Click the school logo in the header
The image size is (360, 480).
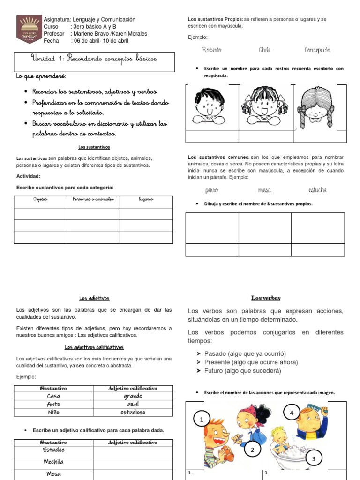coord(29,29)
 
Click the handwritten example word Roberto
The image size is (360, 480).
coord(212,50)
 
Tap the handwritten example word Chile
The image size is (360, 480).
coord(265,50)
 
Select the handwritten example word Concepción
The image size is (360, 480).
coord(317,50)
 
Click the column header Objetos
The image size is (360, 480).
coord(40,200)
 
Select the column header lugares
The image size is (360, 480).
coord(146,200)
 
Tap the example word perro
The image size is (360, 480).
coord(212,190)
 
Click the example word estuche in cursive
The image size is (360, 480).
coord(318,190)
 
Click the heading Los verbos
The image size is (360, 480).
coord(265,298)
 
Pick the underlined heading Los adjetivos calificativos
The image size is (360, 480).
coord(94,347)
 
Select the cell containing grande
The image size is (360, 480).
coord(133,396)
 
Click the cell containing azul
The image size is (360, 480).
coord(133,404)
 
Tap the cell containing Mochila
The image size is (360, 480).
coord(53,462)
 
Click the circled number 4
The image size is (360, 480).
coord(292,413)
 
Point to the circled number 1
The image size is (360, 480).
coord(202,420)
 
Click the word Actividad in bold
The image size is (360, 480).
coord(28,176)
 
